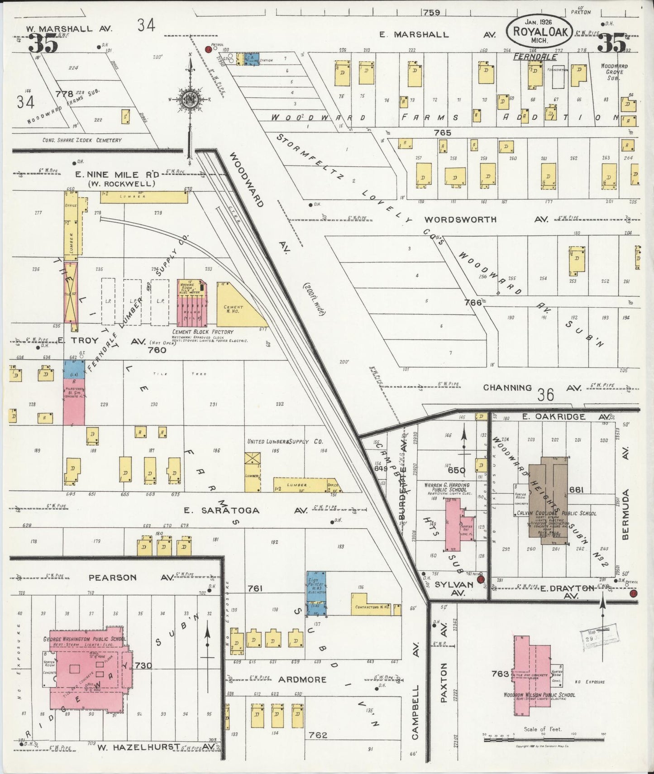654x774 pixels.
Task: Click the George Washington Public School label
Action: tap(85, 639)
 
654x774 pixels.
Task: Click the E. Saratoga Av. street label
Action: tap(222, 510)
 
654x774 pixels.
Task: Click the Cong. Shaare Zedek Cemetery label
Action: tap(82, 140)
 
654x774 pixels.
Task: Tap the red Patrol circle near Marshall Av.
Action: tap(209, 49)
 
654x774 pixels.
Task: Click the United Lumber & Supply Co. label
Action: tap(285, 441)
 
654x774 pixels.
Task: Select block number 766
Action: tap(473, 302)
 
